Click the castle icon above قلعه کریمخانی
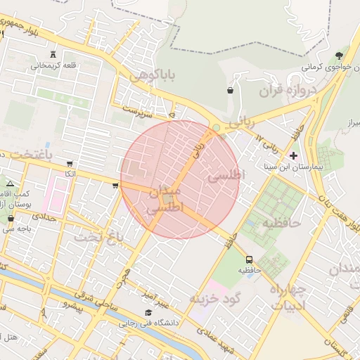point(54,56)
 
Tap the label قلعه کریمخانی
point(50,66)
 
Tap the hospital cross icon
point(293,155)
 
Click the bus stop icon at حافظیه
point(249,259)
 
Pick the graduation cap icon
point(148,313)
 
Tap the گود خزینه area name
point(215,298)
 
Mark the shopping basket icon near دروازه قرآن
point(230,90)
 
